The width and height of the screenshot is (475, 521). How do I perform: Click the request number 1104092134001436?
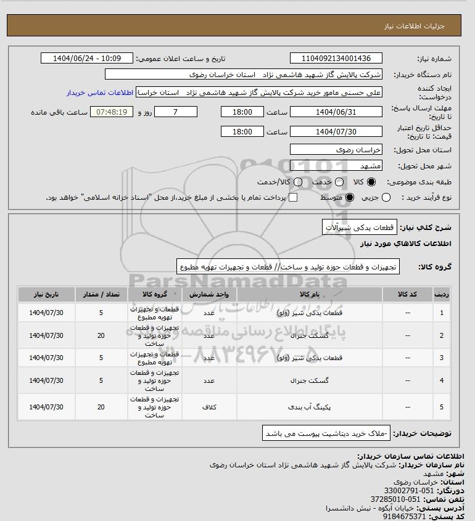point(336,59)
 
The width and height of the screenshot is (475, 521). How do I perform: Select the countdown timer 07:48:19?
point(112,112)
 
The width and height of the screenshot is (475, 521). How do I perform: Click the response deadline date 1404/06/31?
point(336,112)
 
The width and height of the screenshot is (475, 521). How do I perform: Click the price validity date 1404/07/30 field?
point(336,132)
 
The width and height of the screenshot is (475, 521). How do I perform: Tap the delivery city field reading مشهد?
point(336,166)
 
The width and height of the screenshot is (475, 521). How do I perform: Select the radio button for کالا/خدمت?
point(298,183)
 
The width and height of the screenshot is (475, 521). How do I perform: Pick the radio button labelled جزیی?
point(387,198)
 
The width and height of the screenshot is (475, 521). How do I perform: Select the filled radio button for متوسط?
point(350,198)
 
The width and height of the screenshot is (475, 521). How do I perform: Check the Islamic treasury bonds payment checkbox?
point(293,198)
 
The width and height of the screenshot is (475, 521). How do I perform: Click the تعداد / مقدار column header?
point(101,295)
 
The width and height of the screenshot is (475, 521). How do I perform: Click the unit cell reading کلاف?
point(209,407)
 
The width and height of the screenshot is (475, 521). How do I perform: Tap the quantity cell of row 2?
point(101,335)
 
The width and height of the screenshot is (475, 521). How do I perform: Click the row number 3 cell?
point(442,358)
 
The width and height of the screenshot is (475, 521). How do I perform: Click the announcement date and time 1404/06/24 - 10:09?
point(87,59)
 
